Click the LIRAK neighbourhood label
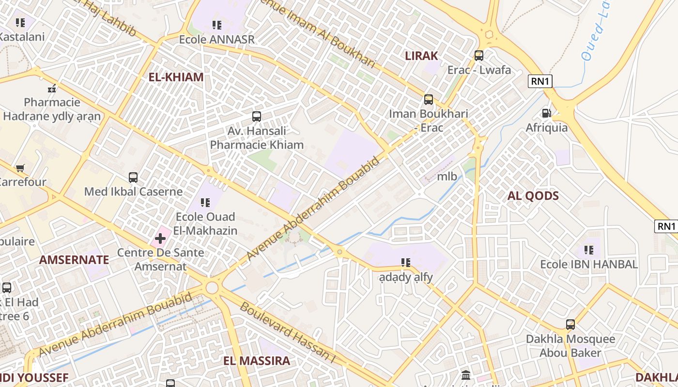click(x=421, y=56)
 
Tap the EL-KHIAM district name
click(x=176, y=77)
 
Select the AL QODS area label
click(x=533, y=196)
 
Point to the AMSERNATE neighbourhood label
click(x=74, y=260)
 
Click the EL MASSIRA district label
click(x=257, y=360)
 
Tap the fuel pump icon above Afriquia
click(x=546, y=113)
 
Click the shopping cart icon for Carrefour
click(x=20, y=168)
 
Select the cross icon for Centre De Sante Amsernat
click(x=160, y=238)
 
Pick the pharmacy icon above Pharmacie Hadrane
click(x=52, y=89)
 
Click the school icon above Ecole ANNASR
click(x=216, y=25)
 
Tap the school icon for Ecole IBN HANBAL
click(x=589, y=250)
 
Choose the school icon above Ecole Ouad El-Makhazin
click(x=205, y=202)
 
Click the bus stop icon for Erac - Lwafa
click(x=479, y=56)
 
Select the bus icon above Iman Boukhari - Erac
click(x=429, y=100)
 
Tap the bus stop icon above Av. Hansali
click(x=257, y=117)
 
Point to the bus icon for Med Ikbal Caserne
click(x=133, y=178)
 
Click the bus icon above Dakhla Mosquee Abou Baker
click(x=570, y=325)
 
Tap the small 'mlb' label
click(x=447, y=176)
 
